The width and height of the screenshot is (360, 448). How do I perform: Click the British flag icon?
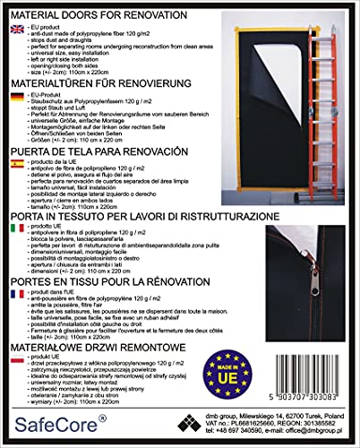[x=17, y=28]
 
